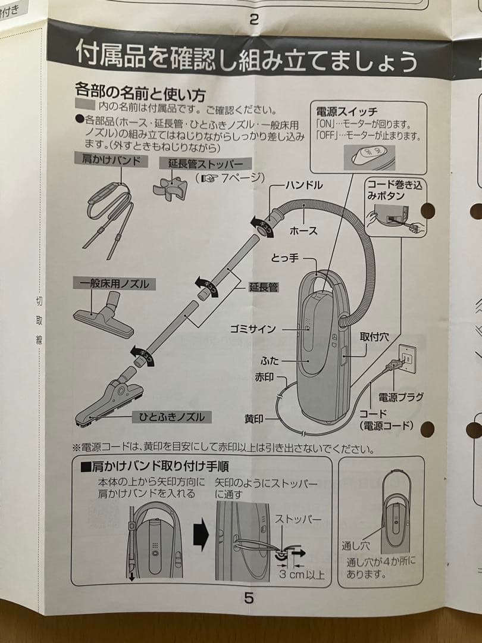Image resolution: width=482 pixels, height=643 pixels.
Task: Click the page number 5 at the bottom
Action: click(x=249, y=597)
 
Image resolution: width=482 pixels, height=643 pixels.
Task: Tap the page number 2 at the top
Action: click(x=254, y=18)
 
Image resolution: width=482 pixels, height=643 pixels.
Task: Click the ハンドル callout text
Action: click(x=303, y=186)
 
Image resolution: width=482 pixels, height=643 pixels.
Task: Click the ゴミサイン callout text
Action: click(x=253, y=329)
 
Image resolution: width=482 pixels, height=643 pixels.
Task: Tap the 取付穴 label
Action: click(x=374, y=336)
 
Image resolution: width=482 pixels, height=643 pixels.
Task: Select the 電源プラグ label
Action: click(x=400, y=397)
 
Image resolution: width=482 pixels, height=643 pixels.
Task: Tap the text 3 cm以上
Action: click(x=302, y=574)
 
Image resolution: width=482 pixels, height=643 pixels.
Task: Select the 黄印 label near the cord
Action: click(x=254, y=419)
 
